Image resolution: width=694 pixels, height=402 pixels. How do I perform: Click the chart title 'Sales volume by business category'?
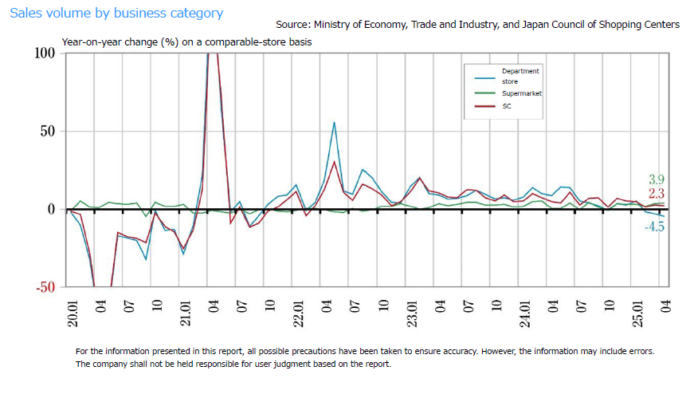click(x=116, y=14)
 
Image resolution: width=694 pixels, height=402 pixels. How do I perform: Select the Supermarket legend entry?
click(x=521, y=93)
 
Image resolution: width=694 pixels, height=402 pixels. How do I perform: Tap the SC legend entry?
click(x=507, y=106)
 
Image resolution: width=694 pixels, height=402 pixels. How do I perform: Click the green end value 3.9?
click(x=657, y=179)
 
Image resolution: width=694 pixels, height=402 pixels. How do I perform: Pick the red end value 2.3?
click(x=657, y=194)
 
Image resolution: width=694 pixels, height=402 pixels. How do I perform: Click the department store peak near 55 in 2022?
click(x=334, y=123)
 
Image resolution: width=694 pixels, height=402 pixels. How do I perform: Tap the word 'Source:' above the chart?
click(x=294, y=25)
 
